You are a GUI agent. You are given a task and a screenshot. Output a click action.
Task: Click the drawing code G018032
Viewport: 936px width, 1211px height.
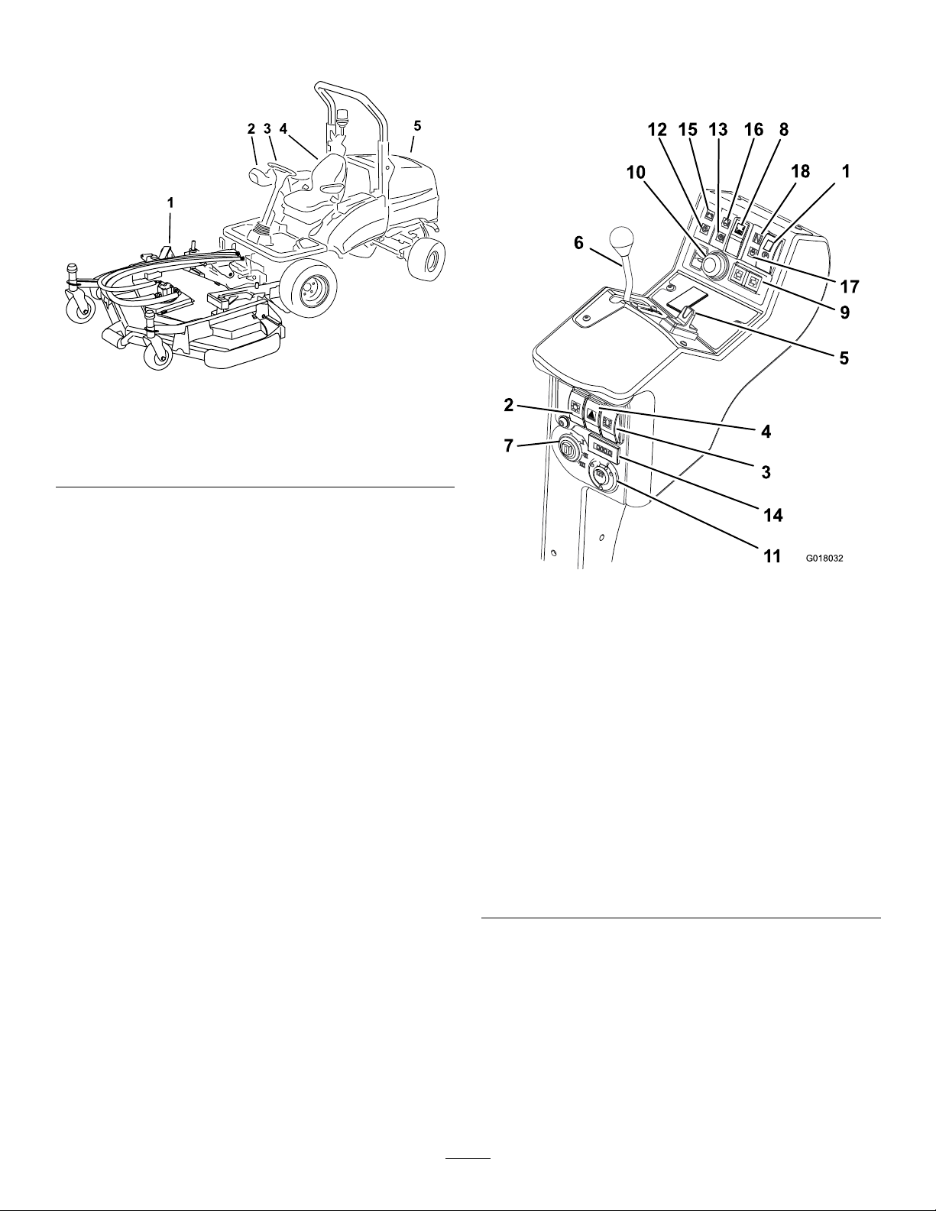pyautogui.click(x=824, y=558)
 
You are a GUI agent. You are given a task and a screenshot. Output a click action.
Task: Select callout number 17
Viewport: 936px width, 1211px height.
pyautogui.click(x=849, y=287)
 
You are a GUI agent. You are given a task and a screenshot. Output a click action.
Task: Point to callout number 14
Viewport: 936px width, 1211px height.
pyautogui.click(x=772, y=516)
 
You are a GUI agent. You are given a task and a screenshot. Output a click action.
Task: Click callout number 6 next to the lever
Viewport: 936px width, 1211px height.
pyautogui.click(x=578, y=243)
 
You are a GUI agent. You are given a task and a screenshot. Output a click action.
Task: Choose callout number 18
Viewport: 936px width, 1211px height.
pyautogui.click(x=800, y=171)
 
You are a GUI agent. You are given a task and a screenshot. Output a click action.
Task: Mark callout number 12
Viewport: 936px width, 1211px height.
pyautogui.click(x=657, y=130)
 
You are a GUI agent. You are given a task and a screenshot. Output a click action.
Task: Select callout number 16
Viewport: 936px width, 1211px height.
pyautogui.click(x=753, y=130)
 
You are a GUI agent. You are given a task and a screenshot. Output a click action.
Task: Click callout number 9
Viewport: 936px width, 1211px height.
pyautogui.click(x=844, y=312)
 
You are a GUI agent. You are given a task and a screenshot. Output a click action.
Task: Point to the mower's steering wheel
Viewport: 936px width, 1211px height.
pyautogui.click(x=279, y=167)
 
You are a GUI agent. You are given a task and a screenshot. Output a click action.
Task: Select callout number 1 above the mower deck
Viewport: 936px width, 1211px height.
pyautogui.click(x=170, y=203)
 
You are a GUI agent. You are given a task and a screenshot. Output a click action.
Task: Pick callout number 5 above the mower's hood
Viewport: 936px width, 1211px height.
pyautogui.click(x=417, y=126)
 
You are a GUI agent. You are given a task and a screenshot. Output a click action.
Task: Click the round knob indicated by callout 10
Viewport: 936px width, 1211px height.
pyautogui.click(x=712, y=264)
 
